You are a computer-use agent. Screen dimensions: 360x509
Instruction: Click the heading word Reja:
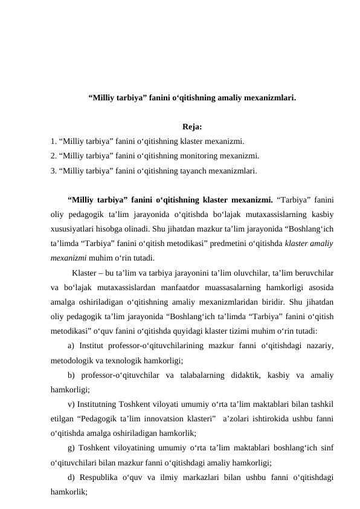pos(191,127)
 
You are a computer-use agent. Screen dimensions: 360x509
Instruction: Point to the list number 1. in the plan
pos(54,141)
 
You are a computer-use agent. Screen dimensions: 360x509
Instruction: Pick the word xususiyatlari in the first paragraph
pos(72,228)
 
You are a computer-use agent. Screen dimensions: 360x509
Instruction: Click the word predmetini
pos(240,242)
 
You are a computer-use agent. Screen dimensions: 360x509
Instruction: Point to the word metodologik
pos(73,360)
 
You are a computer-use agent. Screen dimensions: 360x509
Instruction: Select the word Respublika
pos(101,479)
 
